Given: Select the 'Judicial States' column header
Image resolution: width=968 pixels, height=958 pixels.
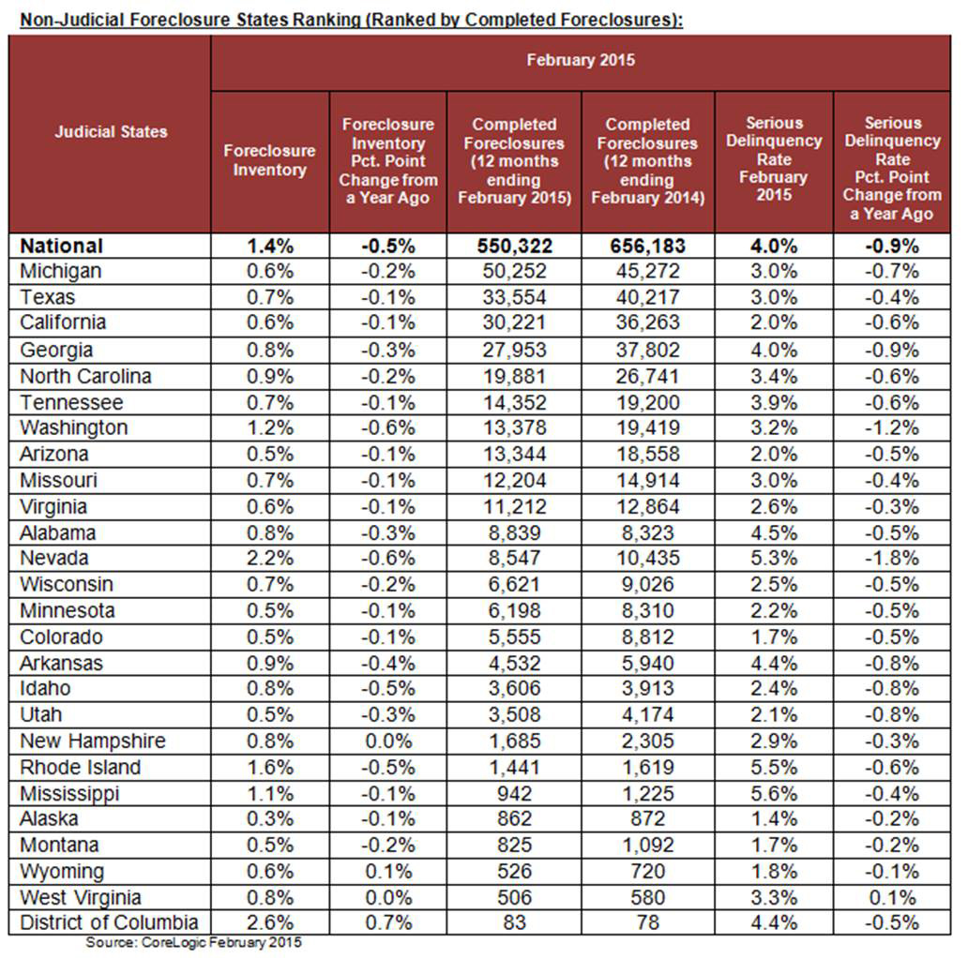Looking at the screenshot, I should coord(111,131).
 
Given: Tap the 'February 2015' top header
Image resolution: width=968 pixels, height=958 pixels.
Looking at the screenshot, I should coord(580,60).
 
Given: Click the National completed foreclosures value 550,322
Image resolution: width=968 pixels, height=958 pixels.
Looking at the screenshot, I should coord(513,246).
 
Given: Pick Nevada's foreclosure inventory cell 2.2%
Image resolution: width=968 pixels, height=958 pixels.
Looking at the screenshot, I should coord(269,559).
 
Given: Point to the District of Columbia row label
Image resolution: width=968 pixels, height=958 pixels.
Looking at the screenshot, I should coord(109,922).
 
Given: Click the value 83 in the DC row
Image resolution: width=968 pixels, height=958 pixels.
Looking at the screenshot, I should coord(513,922).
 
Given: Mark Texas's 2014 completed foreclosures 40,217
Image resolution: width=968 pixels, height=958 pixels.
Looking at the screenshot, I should coord(646,297).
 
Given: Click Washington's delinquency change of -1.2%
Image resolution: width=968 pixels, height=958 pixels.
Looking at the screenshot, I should coord(891,427).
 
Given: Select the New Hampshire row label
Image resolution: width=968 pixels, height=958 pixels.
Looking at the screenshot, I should coord(93,741).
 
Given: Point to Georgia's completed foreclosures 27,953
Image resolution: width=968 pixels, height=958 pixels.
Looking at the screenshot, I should coord(513,350).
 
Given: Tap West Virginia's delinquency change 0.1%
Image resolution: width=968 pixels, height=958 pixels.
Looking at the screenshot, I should coord(891,897).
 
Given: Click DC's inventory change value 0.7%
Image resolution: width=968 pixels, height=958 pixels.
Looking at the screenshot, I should coord(386,922).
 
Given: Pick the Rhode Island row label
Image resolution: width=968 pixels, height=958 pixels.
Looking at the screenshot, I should coord(81,767).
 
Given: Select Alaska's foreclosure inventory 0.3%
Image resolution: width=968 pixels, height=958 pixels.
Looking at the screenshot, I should coord(269,818).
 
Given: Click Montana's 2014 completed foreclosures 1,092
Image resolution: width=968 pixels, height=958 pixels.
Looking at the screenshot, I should coord(646,845).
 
